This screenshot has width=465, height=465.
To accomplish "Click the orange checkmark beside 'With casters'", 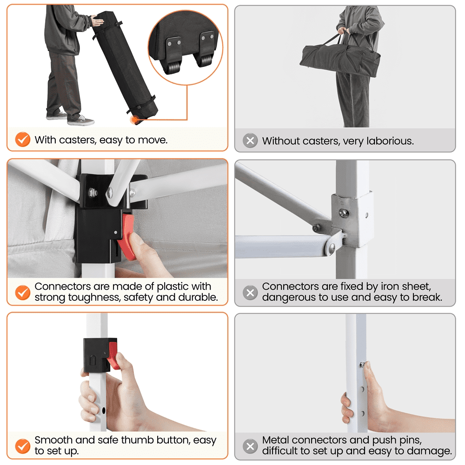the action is [23, 139].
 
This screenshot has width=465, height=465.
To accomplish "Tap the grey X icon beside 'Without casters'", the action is [250, 140].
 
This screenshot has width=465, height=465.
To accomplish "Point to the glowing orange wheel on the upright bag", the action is [135, 120].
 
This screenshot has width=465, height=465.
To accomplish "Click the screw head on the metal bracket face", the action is [344, 213].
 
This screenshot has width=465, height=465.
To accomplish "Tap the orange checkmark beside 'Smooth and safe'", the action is [23, 446].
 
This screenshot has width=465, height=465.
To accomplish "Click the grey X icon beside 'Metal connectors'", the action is [250, 446].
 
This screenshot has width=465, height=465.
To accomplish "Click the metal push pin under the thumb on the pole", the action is [362, 364].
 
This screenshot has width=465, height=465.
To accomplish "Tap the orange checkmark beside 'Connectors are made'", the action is [23, 292].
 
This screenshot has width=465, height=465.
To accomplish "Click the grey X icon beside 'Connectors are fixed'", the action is [250, 292].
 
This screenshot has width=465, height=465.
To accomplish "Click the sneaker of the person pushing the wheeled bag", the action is [80, 120].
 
